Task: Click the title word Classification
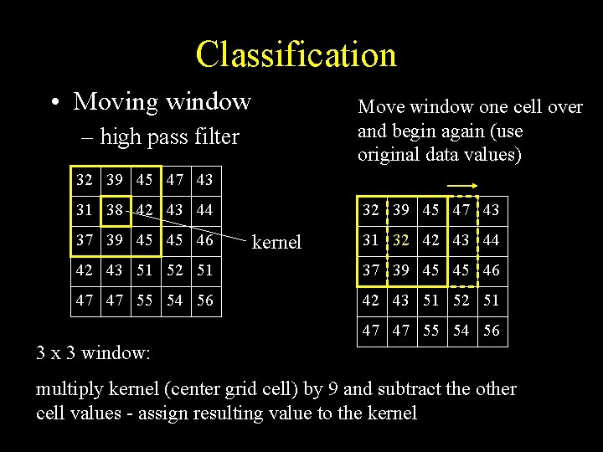coord(296,54)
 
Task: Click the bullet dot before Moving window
coord(54,103)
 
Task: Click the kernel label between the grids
coord(276,242)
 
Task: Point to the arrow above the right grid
coord(461,186)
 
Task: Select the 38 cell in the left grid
coord(115,210)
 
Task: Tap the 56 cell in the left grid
coord(206,300)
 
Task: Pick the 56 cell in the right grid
coord(491,331)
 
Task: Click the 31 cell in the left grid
coord(84,210)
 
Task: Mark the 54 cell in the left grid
coord(176,300)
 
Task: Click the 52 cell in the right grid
coord(461,300)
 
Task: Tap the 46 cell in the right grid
coord(491,270)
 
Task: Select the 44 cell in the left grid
coord(206,210)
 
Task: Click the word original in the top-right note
coord(389,155)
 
